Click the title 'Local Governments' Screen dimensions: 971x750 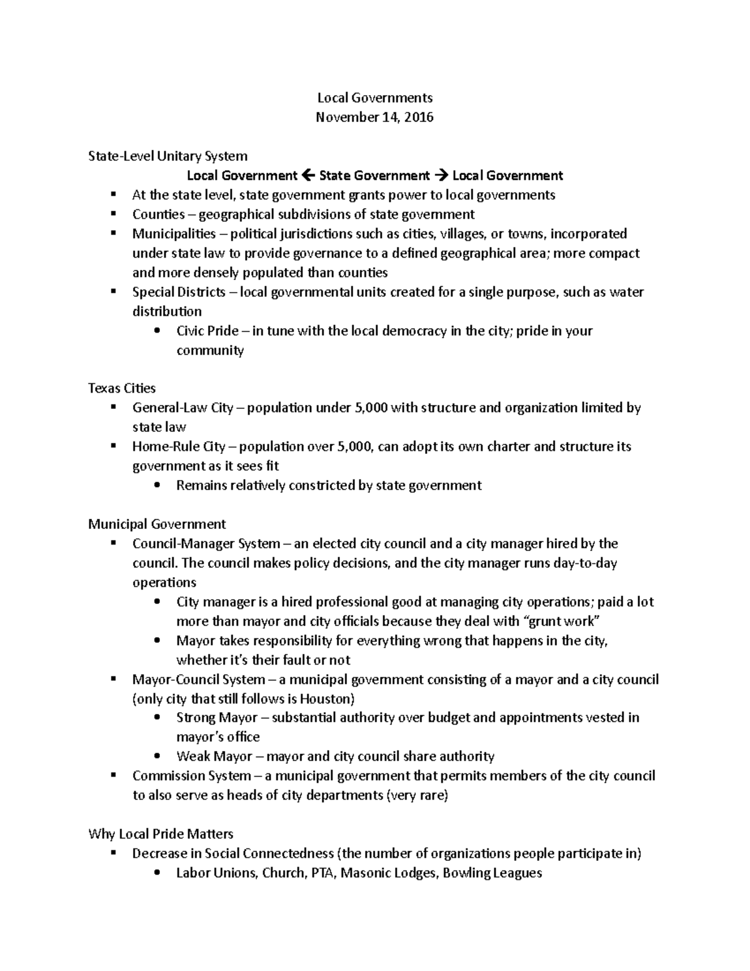point(374,98)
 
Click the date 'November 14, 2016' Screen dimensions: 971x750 point(374,117)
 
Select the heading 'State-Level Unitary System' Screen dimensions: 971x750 point(167,156)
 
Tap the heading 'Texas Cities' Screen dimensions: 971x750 point(121,388)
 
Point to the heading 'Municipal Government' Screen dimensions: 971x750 point(157,524)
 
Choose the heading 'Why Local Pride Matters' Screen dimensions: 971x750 point(161,834)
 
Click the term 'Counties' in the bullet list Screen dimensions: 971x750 point(158,214)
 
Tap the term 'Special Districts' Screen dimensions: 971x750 point(178,292)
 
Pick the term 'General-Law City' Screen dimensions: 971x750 point(182,408)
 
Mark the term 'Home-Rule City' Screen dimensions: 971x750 point(179,447)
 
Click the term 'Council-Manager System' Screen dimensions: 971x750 point(206,543)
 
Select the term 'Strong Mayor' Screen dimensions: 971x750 point(216,718)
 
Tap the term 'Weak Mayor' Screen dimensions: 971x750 point(214,757)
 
